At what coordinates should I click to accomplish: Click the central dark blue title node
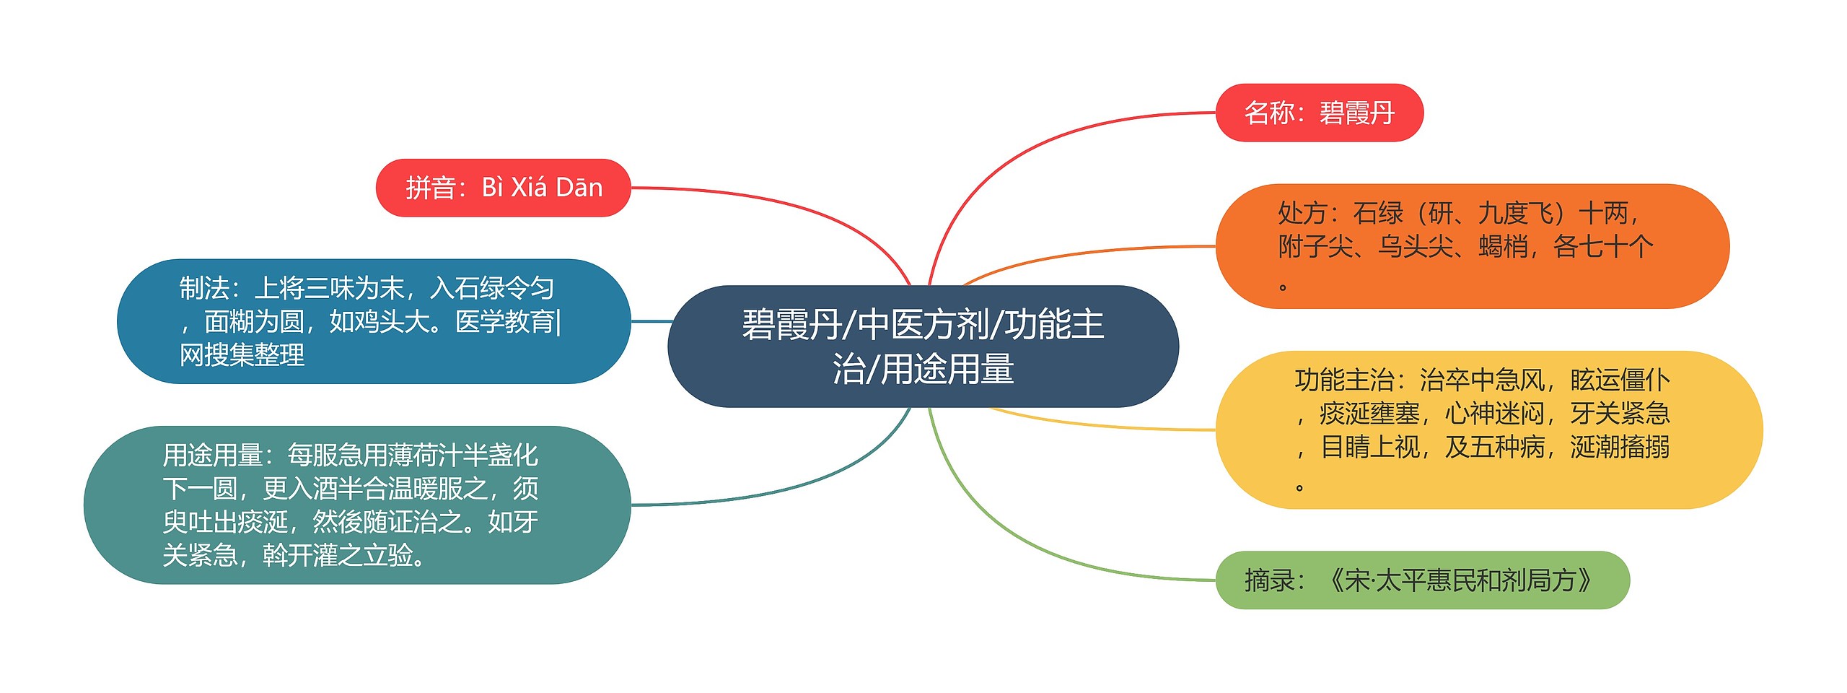[923, 346]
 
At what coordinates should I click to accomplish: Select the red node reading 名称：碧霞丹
[1319, 113]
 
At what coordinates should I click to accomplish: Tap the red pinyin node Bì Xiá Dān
[503, 188]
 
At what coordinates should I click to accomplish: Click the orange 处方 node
[1472, 246]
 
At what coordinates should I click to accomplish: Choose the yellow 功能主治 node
[1488, 430]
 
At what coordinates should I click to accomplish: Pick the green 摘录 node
[1422, 580]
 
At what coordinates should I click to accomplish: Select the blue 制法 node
[373, 321]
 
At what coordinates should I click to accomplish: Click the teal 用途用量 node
[356, 505]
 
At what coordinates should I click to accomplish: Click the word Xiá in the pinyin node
[529, 188]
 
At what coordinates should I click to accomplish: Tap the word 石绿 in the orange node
[1378, 214]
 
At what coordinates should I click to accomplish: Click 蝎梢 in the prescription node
[1503, 247]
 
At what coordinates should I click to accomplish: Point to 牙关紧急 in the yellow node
[1620, 414]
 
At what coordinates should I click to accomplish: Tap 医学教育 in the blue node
[504, 322]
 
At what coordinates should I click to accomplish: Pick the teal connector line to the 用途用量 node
[794, 483]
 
